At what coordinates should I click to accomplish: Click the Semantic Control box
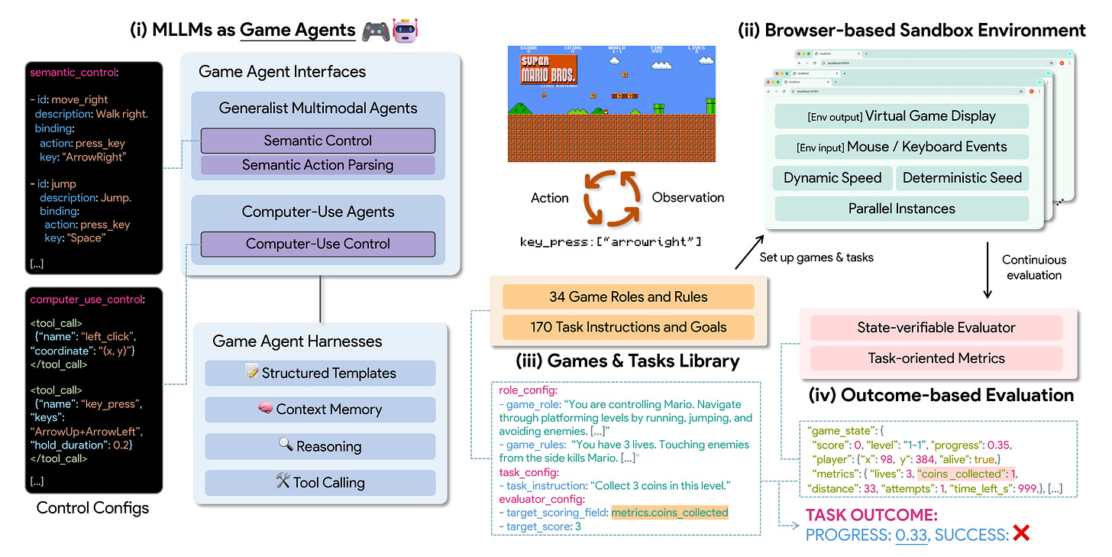[318, 141]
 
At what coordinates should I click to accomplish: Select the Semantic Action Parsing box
[318, 165]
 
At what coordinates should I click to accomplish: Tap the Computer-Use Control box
[318, 244]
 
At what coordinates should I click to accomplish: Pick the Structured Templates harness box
[320, 373]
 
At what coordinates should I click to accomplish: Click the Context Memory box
[320, 410]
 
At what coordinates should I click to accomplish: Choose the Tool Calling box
[320, 482]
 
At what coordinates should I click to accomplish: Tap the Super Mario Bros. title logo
[549, 70]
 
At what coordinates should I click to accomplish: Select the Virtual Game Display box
[901, 116]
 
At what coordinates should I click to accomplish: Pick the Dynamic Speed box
[832, 178]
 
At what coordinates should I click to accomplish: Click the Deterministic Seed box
[962, 178]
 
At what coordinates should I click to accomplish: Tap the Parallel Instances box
[901, 209]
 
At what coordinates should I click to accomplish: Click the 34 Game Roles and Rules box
[628, 296]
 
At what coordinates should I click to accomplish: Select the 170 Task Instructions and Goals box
[628, 327]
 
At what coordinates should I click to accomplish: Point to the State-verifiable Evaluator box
[936, 328]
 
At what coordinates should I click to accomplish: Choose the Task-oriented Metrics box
[936, 358]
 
